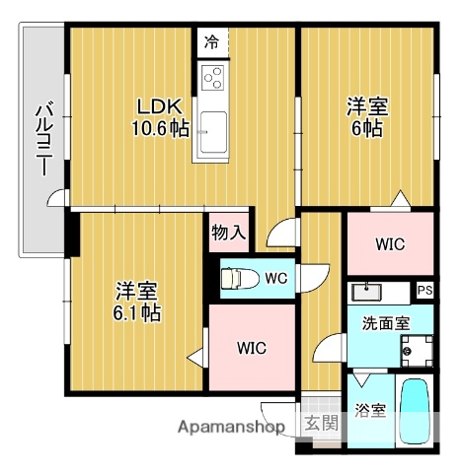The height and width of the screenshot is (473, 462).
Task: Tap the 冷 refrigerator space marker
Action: point(211,41)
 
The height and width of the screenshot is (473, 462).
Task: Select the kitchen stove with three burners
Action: point(212,77)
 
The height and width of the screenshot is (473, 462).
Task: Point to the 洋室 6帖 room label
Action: point(366,116)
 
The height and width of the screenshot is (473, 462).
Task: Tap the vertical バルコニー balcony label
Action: point(43,139)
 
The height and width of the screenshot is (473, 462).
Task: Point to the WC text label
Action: point(276,279)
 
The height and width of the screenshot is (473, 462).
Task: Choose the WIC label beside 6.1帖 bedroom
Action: point(252,348)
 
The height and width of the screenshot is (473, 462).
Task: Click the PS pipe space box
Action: point(424,290)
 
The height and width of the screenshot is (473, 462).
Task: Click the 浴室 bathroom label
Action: point(369,410)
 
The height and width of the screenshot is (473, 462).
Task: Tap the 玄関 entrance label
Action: point(321,425)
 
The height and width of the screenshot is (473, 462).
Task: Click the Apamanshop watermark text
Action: point(231,426)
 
